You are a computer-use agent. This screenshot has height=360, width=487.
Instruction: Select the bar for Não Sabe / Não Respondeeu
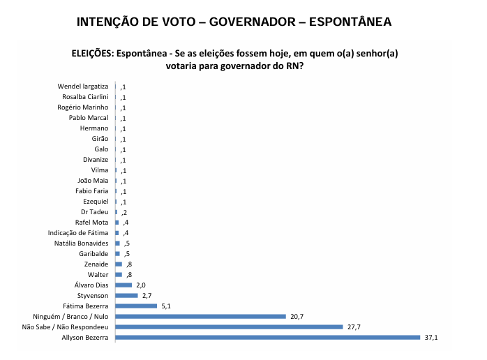click(229, 327)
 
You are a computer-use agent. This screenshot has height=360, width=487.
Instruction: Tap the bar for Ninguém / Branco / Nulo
click(200, 316)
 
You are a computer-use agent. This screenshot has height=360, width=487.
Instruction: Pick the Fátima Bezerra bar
click(136, 306)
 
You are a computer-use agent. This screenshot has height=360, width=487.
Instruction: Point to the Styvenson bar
click(126, 295)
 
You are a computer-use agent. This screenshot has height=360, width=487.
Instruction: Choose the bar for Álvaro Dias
click(123, 285)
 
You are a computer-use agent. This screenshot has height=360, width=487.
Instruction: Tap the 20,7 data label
click(298, 317)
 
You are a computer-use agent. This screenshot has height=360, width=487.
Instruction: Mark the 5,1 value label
click(165, 306)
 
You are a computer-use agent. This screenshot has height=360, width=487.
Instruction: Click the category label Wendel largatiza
click(83, 87)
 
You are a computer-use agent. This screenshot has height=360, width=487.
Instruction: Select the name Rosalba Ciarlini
click(85, 97)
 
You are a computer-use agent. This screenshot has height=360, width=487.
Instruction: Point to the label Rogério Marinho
click(83, 107)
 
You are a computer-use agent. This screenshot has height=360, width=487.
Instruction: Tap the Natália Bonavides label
click(82, 243)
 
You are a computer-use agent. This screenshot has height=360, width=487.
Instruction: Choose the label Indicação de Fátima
click(78, 232)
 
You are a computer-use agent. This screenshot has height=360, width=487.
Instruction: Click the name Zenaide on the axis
click(96, 264)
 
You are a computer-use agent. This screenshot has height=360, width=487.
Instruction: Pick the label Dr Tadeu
click(95, 211)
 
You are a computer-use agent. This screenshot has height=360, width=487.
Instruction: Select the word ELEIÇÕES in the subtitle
click(93, 54)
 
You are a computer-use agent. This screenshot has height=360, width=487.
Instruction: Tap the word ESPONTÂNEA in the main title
click(345, 22)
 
